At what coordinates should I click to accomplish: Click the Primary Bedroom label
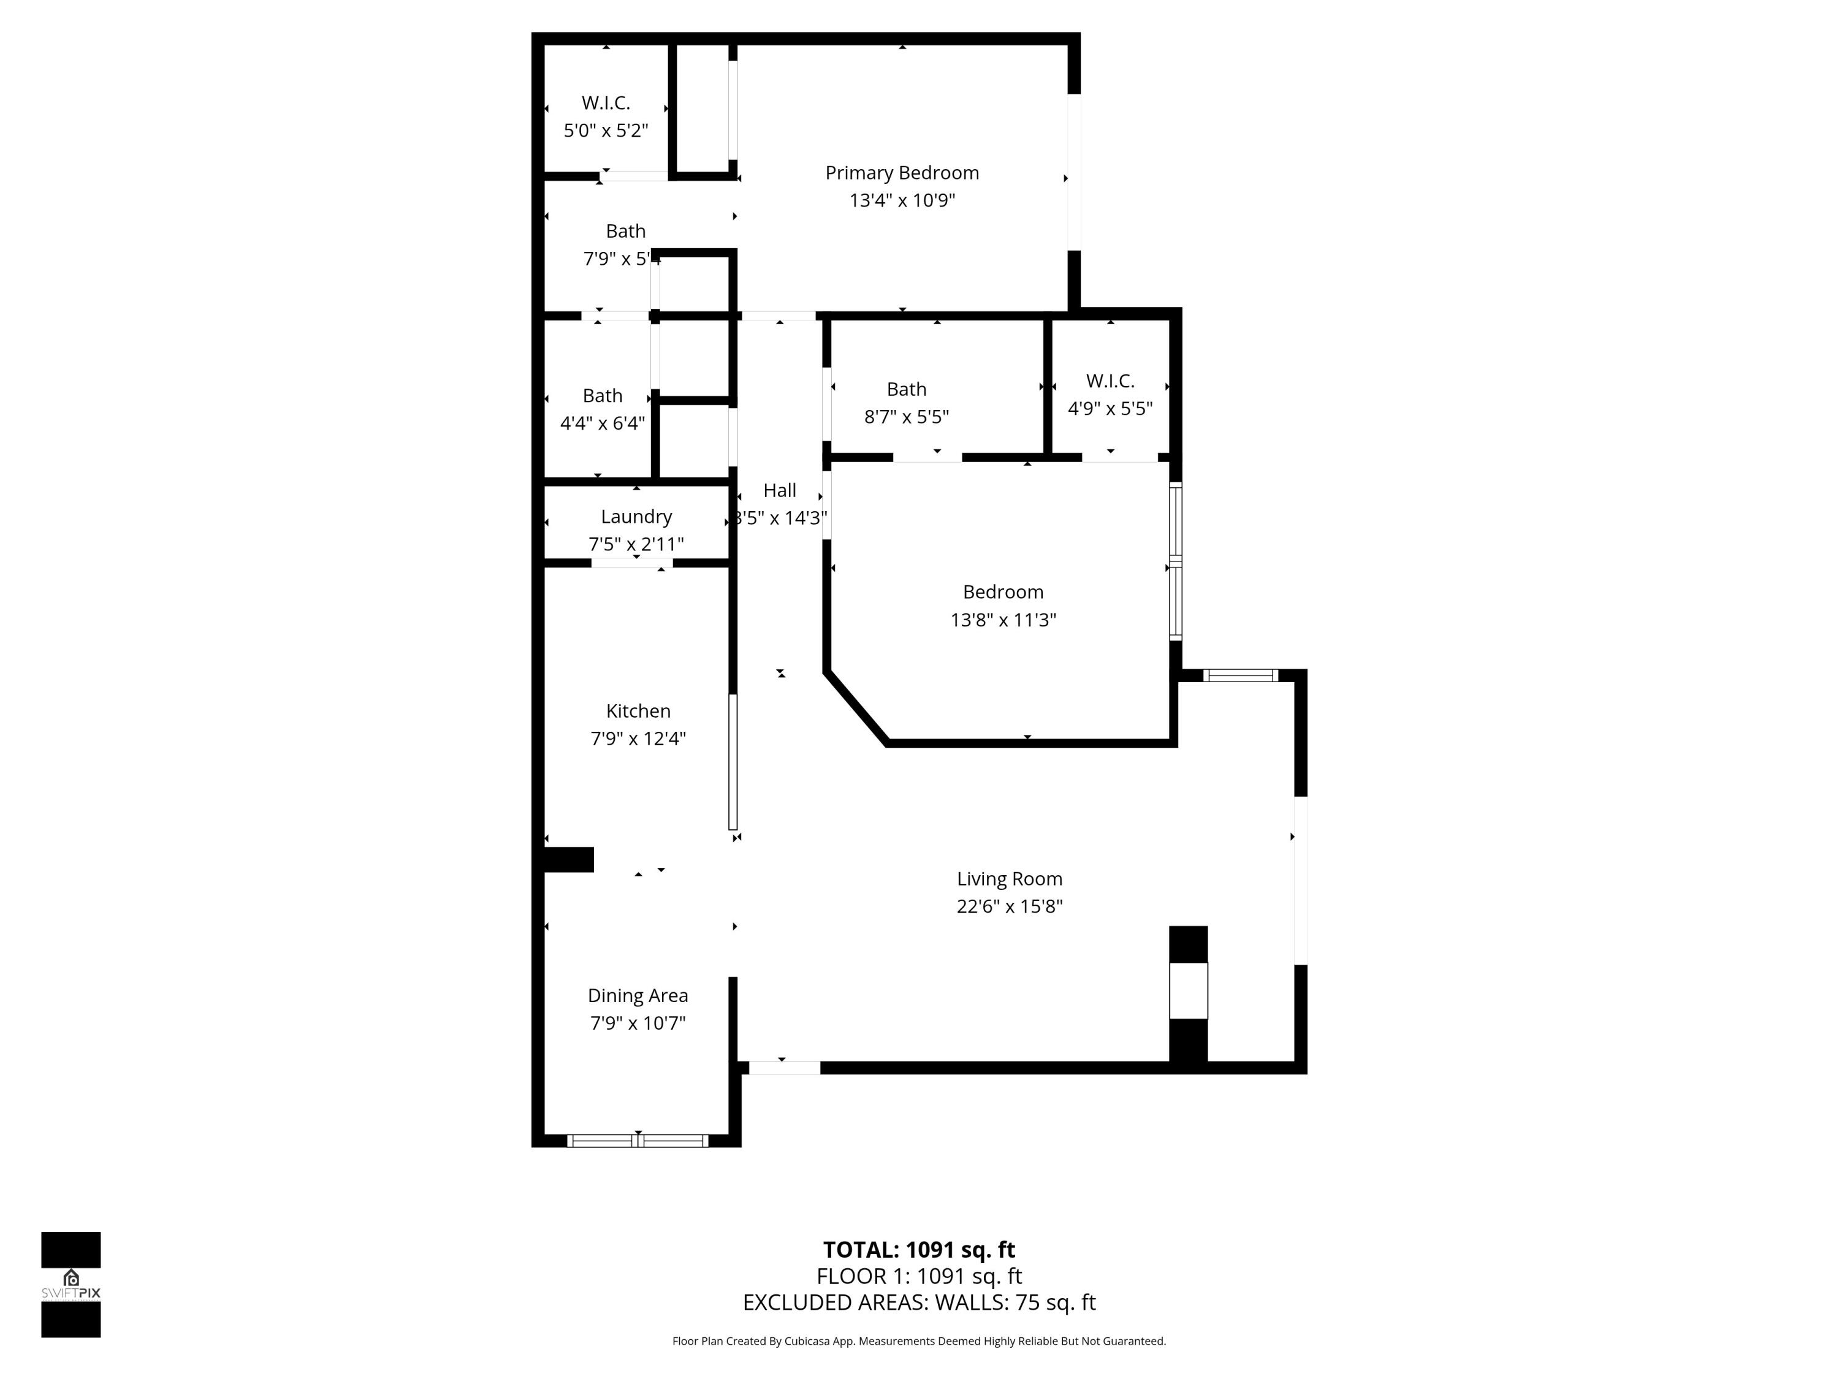click(902, 173)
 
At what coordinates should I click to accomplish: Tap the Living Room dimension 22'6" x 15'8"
click(1009, 906)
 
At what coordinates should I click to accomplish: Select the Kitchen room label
click(638, 711)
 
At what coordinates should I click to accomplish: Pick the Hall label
click(780, 490)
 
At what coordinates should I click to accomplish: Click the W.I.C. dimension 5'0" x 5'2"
click(605, 131)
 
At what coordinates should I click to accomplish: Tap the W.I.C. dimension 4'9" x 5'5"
click(1110, 408)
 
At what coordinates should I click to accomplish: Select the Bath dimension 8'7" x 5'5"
click(906, 416)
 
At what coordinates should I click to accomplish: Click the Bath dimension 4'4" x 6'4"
click(602, 423)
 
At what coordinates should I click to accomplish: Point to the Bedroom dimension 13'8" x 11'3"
click(1003, 619)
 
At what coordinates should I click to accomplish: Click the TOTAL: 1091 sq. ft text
click(919, 1249)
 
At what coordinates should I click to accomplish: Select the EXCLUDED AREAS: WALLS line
click(919, 1302)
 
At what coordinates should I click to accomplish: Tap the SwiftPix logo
click(70, 1284)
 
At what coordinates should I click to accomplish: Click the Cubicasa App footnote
click(919, 1341)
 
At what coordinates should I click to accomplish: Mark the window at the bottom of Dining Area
click(638, 1141)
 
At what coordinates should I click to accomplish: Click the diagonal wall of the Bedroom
click(856, 708)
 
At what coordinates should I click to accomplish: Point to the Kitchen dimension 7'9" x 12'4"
click(638, 738)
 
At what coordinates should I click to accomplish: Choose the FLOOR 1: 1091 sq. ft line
click(919, 1276)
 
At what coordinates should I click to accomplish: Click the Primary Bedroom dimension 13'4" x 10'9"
click(902, 200)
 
